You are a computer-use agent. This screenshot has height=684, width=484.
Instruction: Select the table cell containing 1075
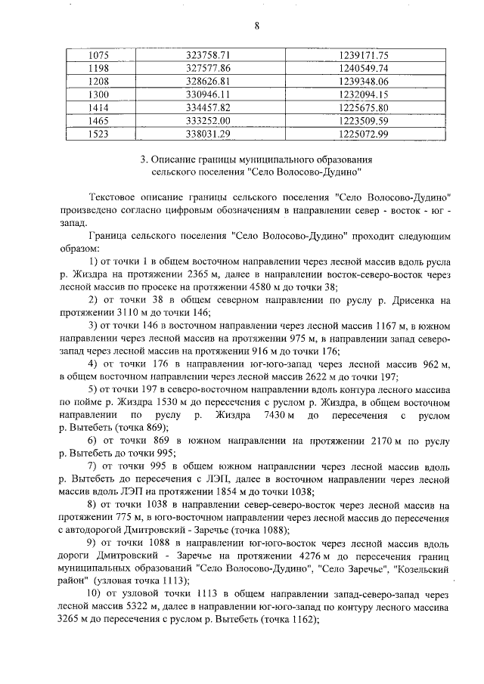click(x=100, y=55)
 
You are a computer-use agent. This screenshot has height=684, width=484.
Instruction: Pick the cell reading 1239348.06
click(x=363, y=81)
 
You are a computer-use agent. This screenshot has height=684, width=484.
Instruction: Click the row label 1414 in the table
click(x=100, y=107)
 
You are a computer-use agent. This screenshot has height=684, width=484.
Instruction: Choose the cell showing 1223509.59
click(x=363, y=120)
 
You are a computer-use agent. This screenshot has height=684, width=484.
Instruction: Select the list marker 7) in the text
click(x=95, y=467)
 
